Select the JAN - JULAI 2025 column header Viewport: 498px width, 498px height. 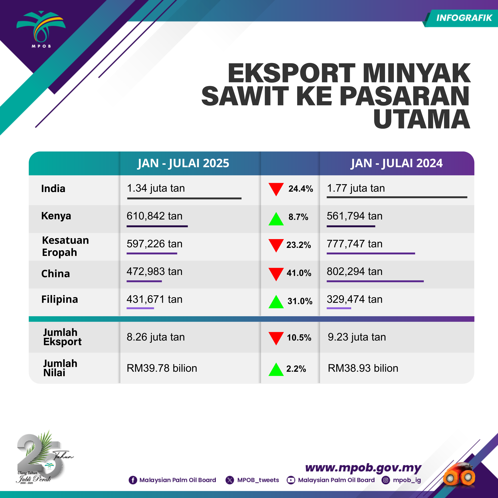coord(183,163)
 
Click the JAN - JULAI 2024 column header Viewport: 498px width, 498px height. coord(396,163)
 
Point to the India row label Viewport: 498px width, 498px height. coord(53,188)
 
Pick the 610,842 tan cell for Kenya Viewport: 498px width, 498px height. coord(154,216)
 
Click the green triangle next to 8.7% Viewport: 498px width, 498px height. coord(276,219)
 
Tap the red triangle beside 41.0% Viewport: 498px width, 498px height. coord(276,274)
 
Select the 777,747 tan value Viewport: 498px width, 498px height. coord(354,244)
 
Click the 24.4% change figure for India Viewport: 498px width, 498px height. coord(301,189)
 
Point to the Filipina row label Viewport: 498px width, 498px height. coord(60,299)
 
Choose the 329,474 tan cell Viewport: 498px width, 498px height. coord(354,299)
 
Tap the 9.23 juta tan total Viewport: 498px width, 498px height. coord(357,337)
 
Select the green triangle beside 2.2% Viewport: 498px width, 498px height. coord(276,369)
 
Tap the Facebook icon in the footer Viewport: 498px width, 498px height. coord(133,480)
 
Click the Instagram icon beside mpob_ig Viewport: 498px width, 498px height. coord(386,480)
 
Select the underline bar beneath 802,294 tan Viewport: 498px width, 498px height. coord(375,281)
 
